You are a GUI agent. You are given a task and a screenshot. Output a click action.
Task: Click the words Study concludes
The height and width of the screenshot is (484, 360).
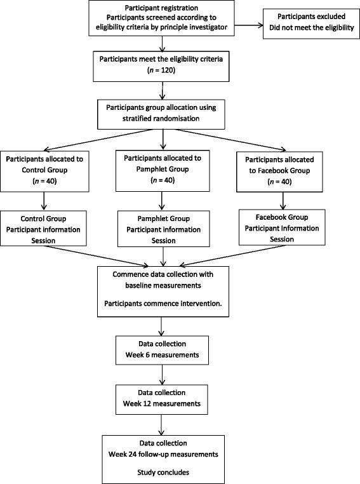click(x=164, y=471)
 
